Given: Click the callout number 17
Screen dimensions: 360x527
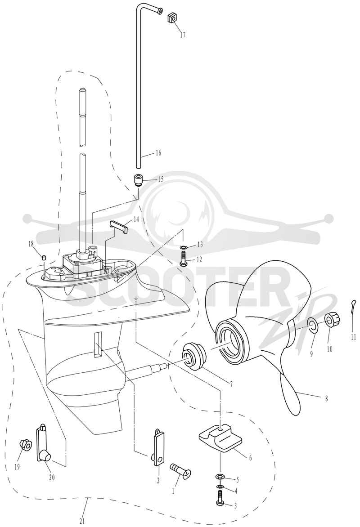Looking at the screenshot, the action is coord(182,35).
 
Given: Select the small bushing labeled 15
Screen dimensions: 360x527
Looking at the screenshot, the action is coord(138,179).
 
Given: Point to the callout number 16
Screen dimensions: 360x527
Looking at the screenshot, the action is coord(158,153).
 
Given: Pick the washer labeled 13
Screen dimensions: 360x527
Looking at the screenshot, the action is coord(183,248).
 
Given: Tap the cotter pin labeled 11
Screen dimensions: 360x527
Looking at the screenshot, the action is coord(352,309).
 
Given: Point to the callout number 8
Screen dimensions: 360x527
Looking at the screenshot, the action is coord(326,399).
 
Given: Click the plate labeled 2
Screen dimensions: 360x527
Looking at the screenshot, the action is coord(159,447).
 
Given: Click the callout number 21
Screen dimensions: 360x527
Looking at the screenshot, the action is coord(82,521).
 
